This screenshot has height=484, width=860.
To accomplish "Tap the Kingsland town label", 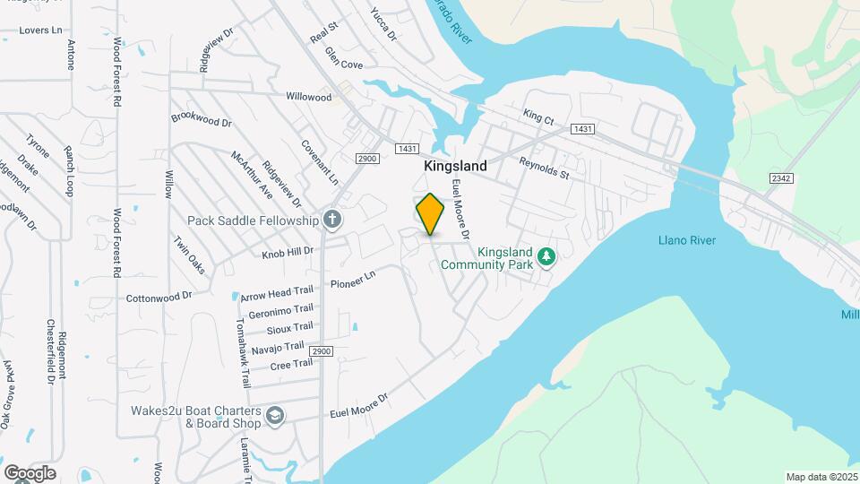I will coord(455,166).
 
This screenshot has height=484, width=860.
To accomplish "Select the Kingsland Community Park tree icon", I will coord(546,258).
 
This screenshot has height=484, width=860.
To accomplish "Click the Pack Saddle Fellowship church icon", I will coord(331,220).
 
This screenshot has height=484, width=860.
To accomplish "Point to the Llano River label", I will coord(687,240).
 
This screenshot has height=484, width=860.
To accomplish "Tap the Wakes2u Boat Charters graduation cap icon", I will coord(274,416).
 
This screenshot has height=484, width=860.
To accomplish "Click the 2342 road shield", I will coord(779,178).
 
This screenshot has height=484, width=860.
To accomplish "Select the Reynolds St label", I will coord(544,168).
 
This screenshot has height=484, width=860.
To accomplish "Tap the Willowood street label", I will coord(308,96).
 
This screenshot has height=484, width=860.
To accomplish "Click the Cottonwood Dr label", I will coord(159,297).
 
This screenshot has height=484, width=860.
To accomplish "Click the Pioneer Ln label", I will coord(351,282).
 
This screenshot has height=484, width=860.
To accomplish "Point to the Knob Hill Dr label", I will coord(288,253).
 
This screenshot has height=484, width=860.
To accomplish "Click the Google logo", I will coord(30,472).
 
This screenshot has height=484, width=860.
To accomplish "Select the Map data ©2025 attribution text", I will coord(821,476).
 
